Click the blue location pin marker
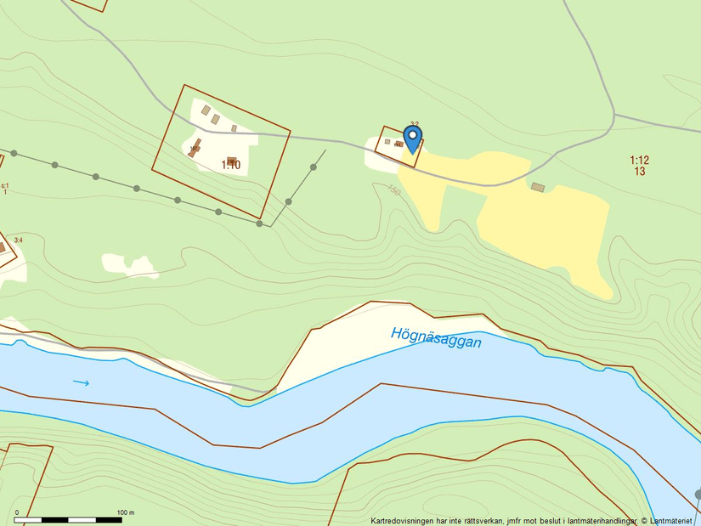point(412,139)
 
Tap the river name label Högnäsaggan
point(436,337)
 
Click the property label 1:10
point(231,165)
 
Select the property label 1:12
point(639,160)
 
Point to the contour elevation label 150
point(393,190)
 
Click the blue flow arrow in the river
point(81,382)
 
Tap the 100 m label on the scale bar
point(126,512)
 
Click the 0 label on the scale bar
point(16,512)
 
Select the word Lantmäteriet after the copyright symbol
point(673,520)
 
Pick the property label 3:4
point(18,240)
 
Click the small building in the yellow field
point(537,186)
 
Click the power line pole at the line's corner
point(260,223)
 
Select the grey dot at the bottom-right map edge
point(698,494)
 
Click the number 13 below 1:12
point(639,172)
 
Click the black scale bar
point(68,519)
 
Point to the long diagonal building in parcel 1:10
point(195,146)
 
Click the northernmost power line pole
point(314,167)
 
